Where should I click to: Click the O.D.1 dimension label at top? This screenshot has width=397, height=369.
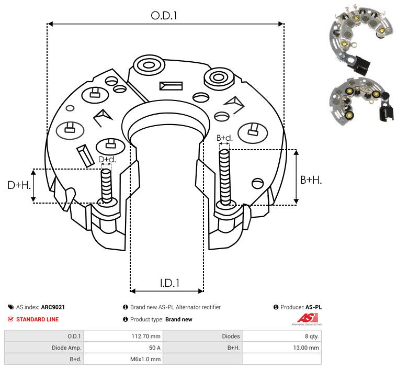click(164, 16)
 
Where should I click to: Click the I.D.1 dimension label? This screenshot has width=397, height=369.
click(169, 283)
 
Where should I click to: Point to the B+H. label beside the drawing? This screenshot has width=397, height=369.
click(311, 180)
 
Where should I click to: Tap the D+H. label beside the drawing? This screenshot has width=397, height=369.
click(19, 185)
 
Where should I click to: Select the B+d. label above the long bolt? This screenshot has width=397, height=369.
click(224, 138)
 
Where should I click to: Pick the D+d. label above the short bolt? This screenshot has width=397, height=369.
click(107, 159)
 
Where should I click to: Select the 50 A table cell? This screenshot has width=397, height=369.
click(154, 347)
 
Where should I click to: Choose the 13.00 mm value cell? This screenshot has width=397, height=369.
click(306, 347)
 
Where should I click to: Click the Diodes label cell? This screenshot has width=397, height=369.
click(231, 336)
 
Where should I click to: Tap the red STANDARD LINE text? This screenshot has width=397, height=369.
click(37, 319)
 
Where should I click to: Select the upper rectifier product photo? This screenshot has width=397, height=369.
click(351, 39)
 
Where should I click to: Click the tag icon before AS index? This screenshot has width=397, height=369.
click(11, 307)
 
